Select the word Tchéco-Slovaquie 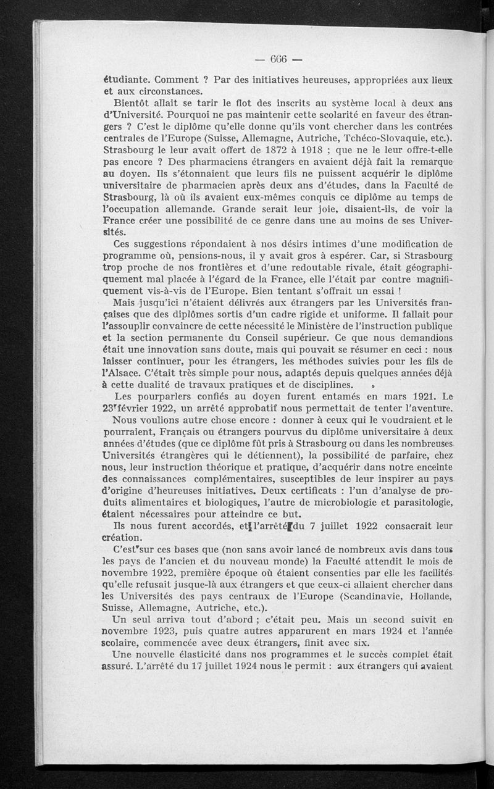(383, 136)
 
